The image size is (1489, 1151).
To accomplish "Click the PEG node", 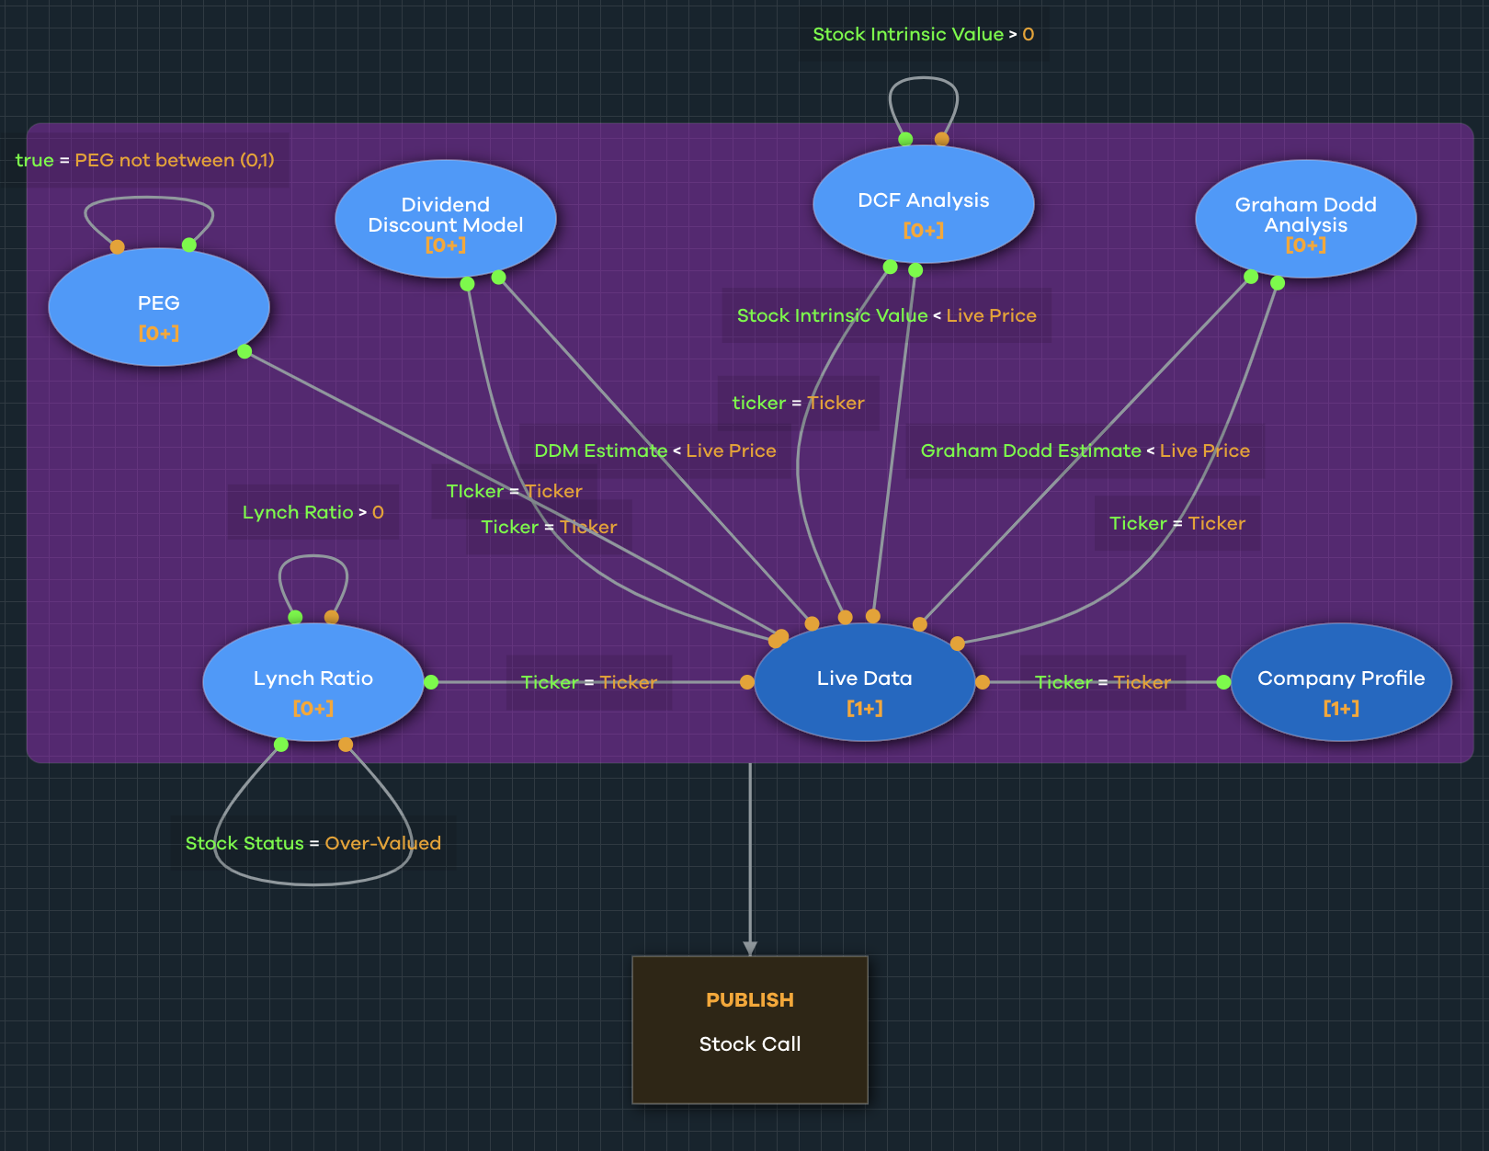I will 158,307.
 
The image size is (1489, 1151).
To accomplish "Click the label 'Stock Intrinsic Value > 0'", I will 923,34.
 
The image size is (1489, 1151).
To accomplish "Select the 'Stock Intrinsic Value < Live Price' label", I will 886,315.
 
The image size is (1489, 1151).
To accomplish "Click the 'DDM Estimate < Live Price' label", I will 654,450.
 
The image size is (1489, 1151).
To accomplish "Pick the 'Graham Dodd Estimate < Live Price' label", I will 1085,450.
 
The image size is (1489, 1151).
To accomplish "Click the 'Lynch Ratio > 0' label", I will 313,512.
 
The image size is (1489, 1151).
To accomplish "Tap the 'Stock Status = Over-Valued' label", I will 313,843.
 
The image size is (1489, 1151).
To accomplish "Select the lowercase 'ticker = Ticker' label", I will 798,403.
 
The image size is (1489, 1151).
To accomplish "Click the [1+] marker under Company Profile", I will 1341,708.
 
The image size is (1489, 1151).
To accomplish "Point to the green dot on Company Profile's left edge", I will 1223,682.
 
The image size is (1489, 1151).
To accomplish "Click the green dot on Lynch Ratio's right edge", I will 431,682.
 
